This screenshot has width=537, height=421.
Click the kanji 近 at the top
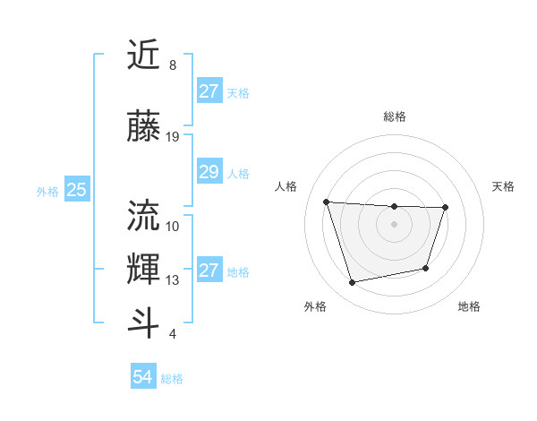tap(144, 56)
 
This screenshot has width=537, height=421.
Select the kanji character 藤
tap(144, 126)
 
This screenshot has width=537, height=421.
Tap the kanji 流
tap(144, 216)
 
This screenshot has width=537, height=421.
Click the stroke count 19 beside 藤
tap(173, 137)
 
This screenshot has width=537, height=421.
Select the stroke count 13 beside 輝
tap(173, 280)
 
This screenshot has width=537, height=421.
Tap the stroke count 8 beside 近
tap(172, 66)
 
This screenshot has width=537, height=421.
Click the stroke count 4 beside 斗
tap(172, 334)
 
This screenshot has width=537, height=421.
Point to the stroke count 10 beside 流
tap(173, 227)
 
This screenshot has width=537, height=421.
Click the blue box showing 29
tap(209, 172)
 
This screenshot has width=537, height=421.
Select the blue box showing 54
tap(142, 377)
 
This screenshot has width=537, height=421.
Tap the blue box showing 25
tap(76, 190)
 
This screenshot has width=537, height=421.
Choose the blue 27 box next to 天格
tap(209, 91)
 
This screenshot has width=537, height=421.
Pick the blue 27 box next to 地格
tap(209, 271)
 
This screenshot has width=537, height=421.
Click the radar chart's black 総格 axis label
tap(394, 116)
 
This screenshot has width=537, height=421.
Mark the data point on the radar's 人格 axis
tap(326, 202)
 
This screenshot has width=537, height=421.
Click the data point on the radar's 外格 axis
tap(352, 282)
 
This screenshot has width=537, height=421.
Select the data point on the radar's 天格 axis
tap(445, 208)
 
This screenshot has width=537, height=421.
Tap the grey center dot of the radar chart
tap(394, 224)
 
